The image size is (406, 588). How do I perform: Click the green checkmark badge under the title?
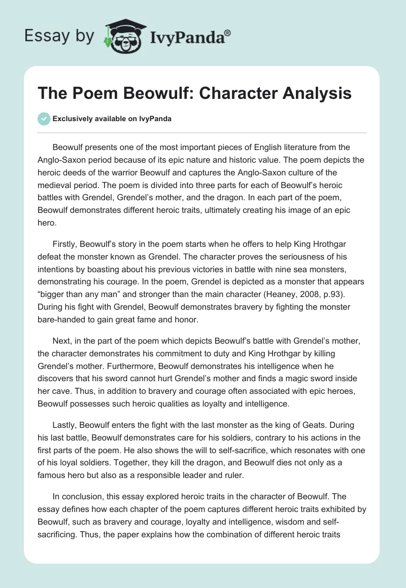44,119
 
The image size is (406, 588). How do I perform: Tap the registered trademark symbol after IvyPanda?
228,32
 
